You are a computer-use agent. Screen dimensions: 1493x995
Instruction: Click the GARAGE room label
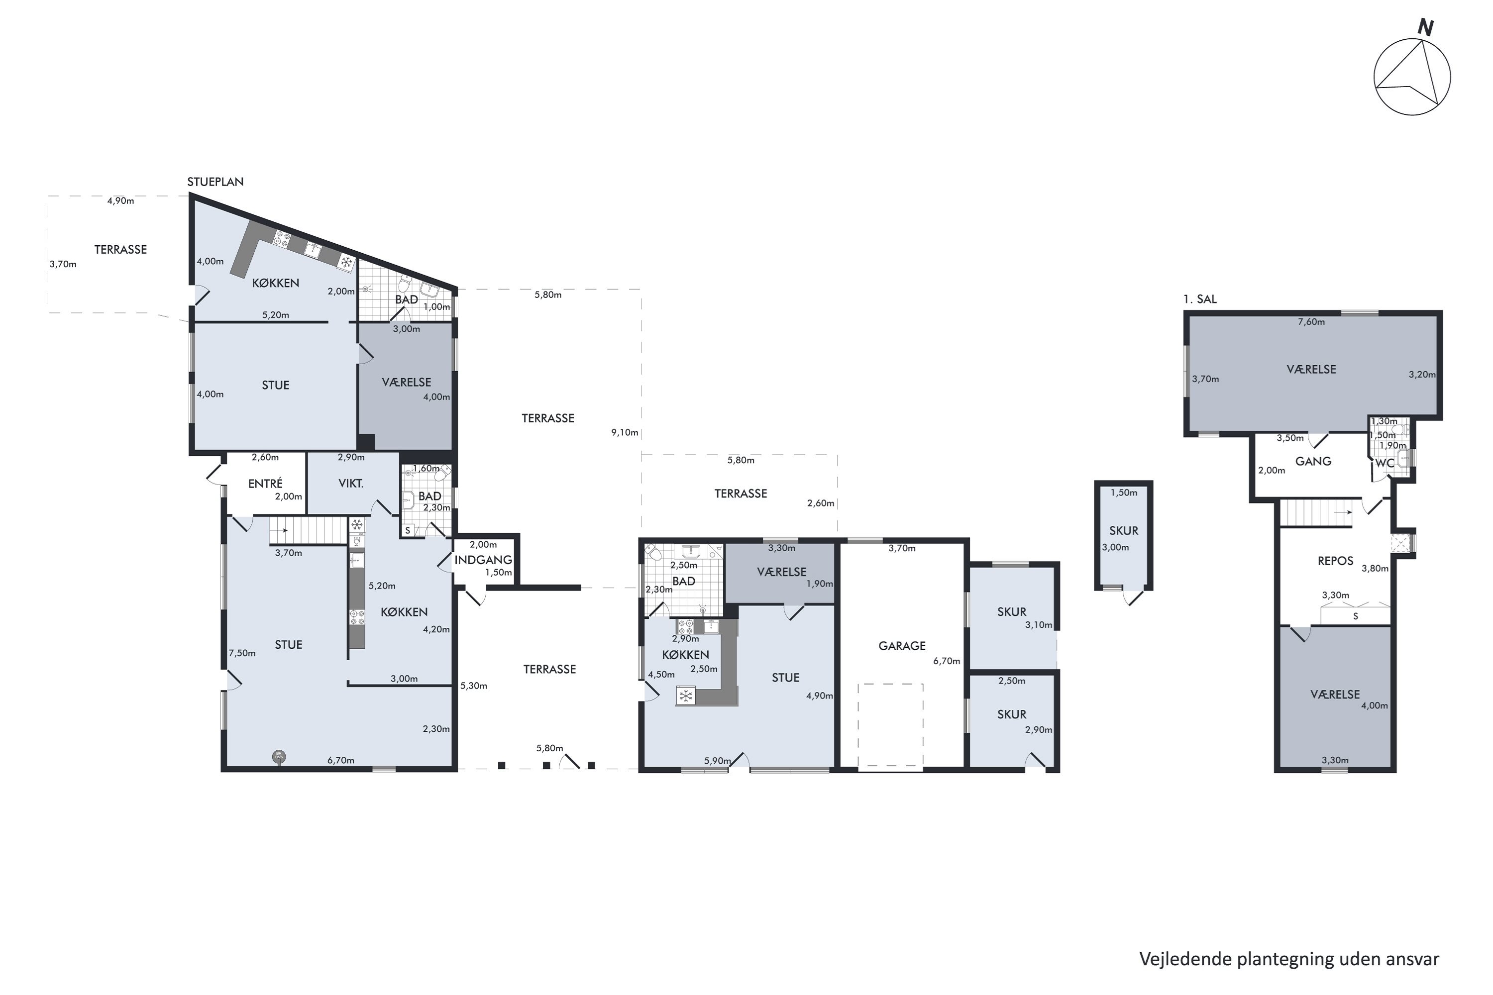[x=901, y=645]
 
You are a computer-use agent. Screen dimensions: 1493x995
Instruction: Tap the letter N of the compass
[x=1425, y=28]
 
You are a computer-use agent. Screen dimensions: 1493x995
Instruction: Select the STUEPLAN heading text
[x=215, y=182]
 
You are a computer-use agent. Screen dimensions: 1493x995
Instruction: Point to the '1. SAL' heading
[x=1200, y=299]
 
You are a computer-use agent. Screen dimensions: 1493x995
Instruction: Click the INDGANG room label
[x=483, y=560]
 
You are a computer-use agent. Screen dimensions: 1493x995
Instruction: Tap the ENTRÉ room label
[x=265, y=483]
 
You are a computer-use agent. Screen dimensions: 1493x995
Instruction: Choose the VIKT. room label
[x=351, y=484]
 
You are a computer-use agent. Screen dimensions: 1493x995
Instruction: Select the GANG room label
[x=1313, y=461]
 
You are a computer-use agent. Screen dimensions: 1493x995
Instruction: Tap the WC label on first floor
[x=1385, y=463]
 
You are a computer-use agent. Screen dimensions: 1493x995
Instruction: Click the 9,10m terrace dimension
[x=625, y=432]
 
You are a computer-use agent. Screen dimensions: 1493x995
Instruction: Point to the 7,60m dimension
[x=1311, y=322]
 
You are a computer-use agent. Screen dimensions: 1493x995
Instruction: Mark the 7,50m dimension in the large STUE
[x=242, y=653]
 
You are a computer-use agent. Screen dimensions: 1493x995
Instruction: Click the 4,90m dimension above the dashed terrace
[x=120, y=200]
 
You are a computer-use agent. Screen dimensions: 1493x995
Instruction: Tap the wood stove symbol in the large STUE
[x=279, y=756]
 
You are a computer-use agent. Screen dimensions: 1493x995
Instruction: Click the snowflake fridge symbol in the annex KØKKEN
[x=686, y=696]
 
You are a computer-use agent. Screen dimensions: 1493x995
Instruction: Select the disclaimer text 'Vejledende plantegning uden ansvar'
[x=1289, y=959]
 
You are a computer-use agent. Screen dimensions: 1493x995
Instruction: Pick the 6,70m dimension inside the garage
[x=947, y=661]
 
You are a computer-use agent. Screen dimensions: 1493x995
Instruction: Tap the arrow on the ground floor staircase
[x=282, y=530]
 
